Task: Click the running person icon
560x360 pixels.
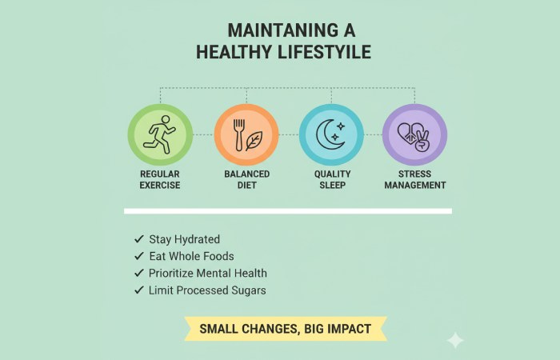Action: (x=160, y=134)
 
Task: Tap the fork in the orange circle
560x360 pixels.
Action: (x=238, y=134)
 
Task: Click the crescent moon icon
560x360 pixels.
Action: (x=330, y=134)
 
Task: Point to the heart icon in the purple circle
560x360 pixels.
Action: (x=409, y=133)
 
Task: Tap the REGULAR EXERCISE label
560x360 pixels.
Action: (x=160, y=179)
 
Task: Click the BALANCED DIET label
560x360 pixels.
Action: (x=246, y=179)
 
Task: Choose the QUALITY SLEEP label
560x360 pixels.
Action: (x=331, y=179)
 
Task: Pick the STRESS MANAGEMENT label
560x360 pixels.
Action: (x=414, y=179)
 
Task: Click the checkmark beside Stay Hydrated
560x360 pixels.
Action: (x=139, y=239)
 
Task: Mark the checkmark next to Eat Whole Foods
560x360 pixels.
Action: (x=139, y=256)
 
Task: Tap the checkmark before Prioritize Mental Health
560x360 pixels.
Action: (x=139, y=273)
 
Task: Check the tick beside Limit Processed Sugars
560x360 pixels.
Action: (x=139, y=290)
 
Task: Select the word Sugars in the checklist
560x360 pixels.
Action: (x=248, y=290)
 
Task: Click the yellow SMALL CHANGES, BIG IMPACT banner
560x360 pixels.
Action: (x=286, y=328)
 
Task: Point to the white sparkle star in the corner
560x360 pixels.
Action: (x=455, y=340)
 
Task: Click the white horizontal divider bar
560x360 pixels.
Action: (x=287, y=211)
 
